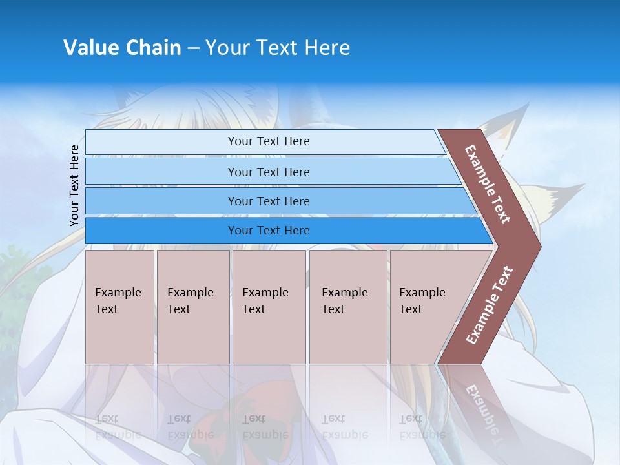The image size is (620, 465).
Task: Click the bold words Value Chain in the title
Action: [122, 48]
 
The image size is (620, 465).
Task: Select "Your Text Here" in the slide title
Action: [278, 48]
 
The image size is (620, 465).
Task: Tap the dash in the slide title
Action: [193, 48]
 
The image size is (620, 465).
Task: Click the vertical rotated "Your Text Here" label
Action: [74, 185]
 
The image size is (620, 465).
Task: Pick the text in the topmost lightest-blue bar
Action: [269, 141]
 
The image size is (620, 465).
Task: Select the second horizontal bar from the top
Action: [269, 172]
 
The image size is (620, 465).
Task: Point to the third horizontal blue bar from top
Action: [269, 201]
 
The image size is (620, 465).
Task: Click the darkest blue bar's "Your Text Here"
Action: [269, 231]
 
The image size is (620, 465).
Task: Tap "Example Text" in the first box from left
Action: [118, 301]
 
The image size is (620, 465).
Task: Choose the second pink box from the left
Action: [192, 307]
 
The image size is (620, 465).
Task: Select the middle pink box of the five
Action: [269, 307]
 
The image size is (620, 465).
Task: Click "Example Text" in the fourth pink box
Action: [344, 301]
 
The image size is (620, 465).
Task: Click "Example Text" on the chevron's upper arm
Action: [488, 185]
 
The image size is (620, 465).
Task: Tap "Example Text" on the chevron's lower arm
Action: [490, 305]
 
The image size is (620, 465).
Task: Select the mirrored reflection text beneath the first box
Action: [118, 427]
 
